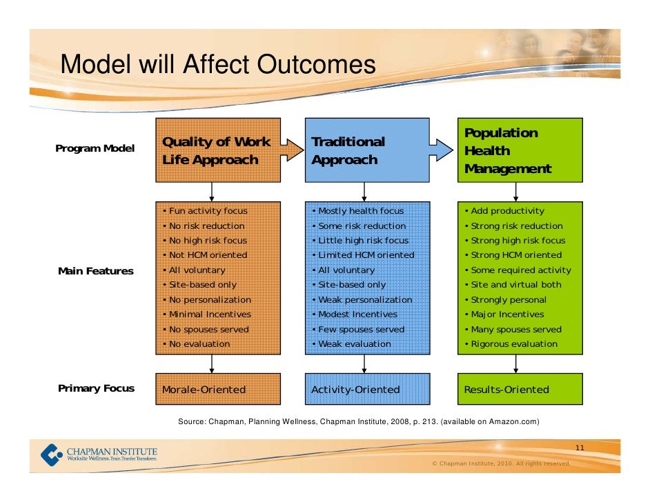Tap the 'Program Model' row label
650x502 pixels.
coord(95,148)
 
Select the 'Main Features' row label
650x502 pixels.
coord(96,271)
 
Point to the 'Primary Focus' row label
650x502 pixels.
coord(96,388)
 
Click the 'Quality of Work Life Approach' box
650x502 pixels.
coord(218,150)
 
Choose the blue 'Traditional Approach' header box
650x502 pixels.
coord(367,150)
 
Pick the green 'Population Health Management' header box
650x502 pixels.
coord(520,150)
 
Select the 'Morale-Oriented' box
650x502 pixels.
coord(218,389)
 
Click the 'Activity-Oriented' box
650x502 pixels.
coord(367,389)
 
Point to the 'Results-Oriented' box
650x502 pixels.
coord(520,389)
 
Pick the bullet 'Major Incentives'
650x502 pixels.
coord(506,314)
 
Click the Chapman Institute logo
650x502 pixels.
coord(99,454)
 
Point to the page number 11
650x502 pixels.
coord(580,448)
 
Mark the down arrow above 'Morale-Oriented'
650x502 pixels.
coord(212,363)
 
